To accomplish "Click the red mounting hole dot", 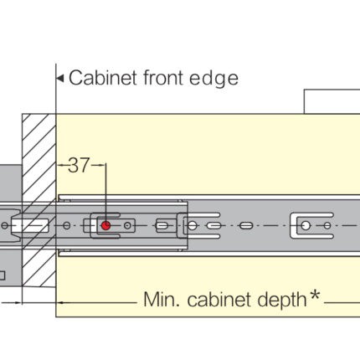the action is point(105,225).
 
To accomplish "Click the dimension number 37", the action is point(79,165).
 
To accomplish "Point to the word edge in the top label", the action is point(213,80).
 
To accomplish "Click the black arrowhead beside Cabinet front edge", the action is point(60,78).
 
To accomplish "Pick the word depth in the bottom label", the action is point(282,301).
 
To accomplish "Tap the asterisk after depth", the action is point(315,295).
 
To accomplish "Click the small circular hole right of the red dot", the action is point(127,225).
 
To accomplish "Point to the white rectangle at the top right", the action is point(332,101).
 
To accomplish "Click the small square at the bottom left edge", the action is point(3,275).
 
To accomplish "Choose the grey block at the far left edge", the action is point(11,184).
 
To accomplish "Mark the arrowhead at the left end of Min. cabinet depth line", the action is point(59,302).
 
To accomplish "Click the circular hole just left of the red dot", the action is point(66,225).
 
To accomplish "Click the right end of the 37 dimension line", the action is point(105,165).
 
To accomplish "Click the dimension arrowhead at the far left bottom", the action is point(18,302).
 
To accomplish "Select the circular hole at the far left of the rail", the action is point(5,225).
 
